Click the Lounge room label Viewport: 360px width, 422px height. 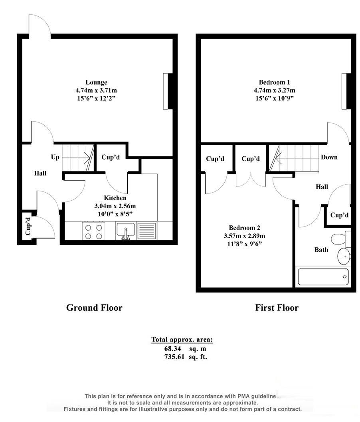pos(96,82)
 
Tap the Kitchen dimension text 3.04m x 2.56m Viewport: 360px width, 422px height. pos(115,206)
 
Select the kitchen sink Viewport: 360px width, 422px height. pos(125,231)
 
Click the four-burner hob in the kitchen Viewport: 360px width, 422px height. pos(93,231)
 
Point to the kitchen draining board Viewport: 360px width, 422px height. pos(146,231)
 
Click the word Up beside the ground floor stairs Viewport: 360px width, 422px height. pos(55,157)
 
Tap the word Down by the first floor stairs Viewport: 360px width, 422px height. pos(329,157)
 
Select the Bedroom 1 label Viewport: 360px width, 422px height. pos(274,82)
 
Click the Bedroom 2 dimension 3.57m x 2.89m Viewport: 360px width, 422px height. pos(244,236)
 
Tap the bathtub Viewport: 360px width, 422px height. pos(323,277)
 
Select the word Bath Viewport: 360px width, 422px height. pos(321,250)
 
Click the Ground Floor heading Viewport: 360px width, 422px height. pos(94,308)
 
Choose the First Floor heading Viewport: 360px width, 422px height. pos(277,308)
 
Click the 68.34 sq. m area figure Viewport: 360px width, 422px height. pos(185,349)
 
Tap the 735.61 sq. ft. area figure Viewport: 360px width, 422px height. pos(186,357)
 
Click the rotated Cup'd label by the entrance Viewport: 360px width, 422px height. pos(28,226)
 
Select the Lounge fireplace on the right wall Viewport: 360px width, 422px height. pos(168,91)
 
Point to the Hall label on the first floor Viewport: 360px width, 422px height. pos(322,187)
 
